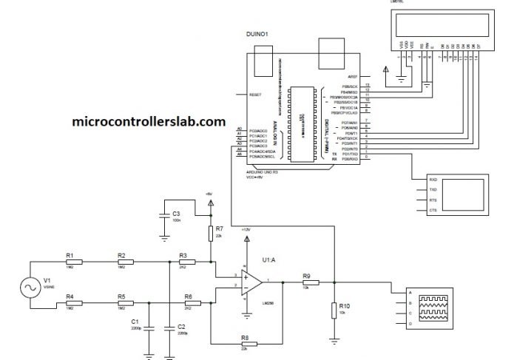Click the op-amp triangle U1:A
(x=252, y=282)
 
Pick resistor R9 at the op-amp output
(x=305, y=282)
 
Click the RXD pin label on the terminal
(x=435, y=179)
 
